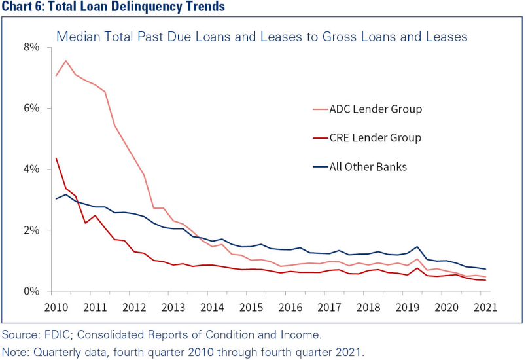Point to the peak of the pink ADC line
(66, 61)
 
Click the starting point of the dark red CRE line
(56, 158)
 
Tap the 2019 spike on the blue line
(416, 247)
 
